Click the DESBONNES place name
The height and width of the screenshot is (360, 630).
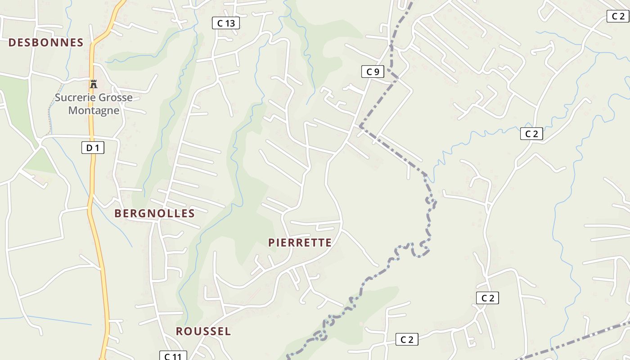[x=46, y=43]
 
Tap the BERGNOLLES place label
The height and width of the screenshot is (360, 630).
[x=154, y=213]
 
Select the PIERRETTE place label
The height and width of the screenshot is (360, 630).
[x=300, y=243]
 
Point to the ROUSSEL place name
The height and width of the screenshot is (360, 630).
[x=203, y=332]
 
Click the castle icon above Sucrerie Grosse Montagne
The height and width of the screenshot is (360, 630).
[x=94, y=84]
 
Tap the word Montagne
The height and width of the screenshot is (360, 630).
[x=94, y=110]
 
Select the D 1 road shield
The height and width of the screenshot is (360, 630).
[x=93, y=148]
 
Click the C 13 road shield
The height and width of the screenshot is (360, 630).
[x=225, y=23]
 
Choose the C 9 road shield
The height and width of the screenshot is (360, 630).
[x=373, y=72]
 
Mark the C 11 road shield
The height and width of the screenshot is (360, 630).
[x=173, y=356]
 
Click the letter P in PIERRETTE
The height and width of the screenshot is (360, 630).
[x=272, y=243]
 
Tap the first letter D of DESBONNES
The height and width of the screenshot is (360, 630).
[x=12, y=43]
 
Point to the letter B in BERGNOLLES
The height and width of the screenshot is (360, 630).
[x=118, y=213]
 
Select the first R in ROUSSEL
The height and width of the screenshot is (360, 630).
[x=179, y=332]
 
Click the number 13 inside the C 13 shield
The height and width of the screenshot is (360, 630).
[x=229, y=23]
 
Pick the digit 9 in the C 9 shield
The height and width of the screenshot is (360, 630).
[x=377, y=72]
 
